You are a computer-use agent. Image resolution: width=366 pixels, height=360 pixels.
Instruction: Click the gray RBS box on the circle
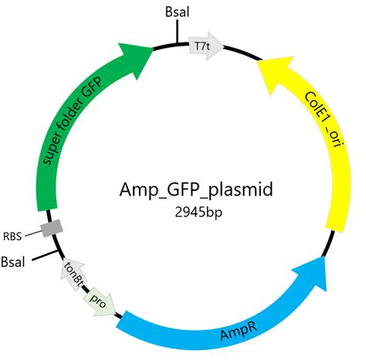tap(51, 228)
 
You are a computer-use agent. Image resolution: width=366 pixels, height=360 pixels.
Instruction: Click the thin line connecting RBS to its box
tap(33, 232)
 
